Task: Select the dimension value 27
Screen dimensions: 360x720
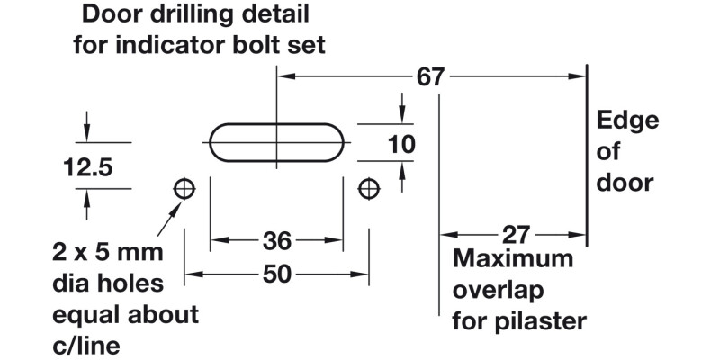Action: point(514,236)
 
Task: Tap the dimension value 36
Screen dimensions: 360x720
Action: point(276,241)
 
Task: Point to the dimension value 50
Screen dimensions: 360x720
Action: point(276,274)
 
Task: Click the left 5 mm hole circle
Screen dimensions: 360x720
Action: point(184,189)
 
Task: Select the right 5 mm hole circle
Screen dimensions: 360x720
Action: point(368,189)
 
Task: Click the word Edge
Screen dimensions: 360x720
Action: point(628,121)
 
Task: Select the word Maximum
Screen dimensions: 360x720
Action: point(513,260)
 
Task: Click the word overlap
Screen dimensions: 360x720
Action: point(497,290)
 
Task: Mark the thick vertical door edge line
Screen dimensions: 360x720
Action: point(588,153)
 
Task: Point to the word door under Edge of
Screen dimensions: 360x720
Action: point(625,183)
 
